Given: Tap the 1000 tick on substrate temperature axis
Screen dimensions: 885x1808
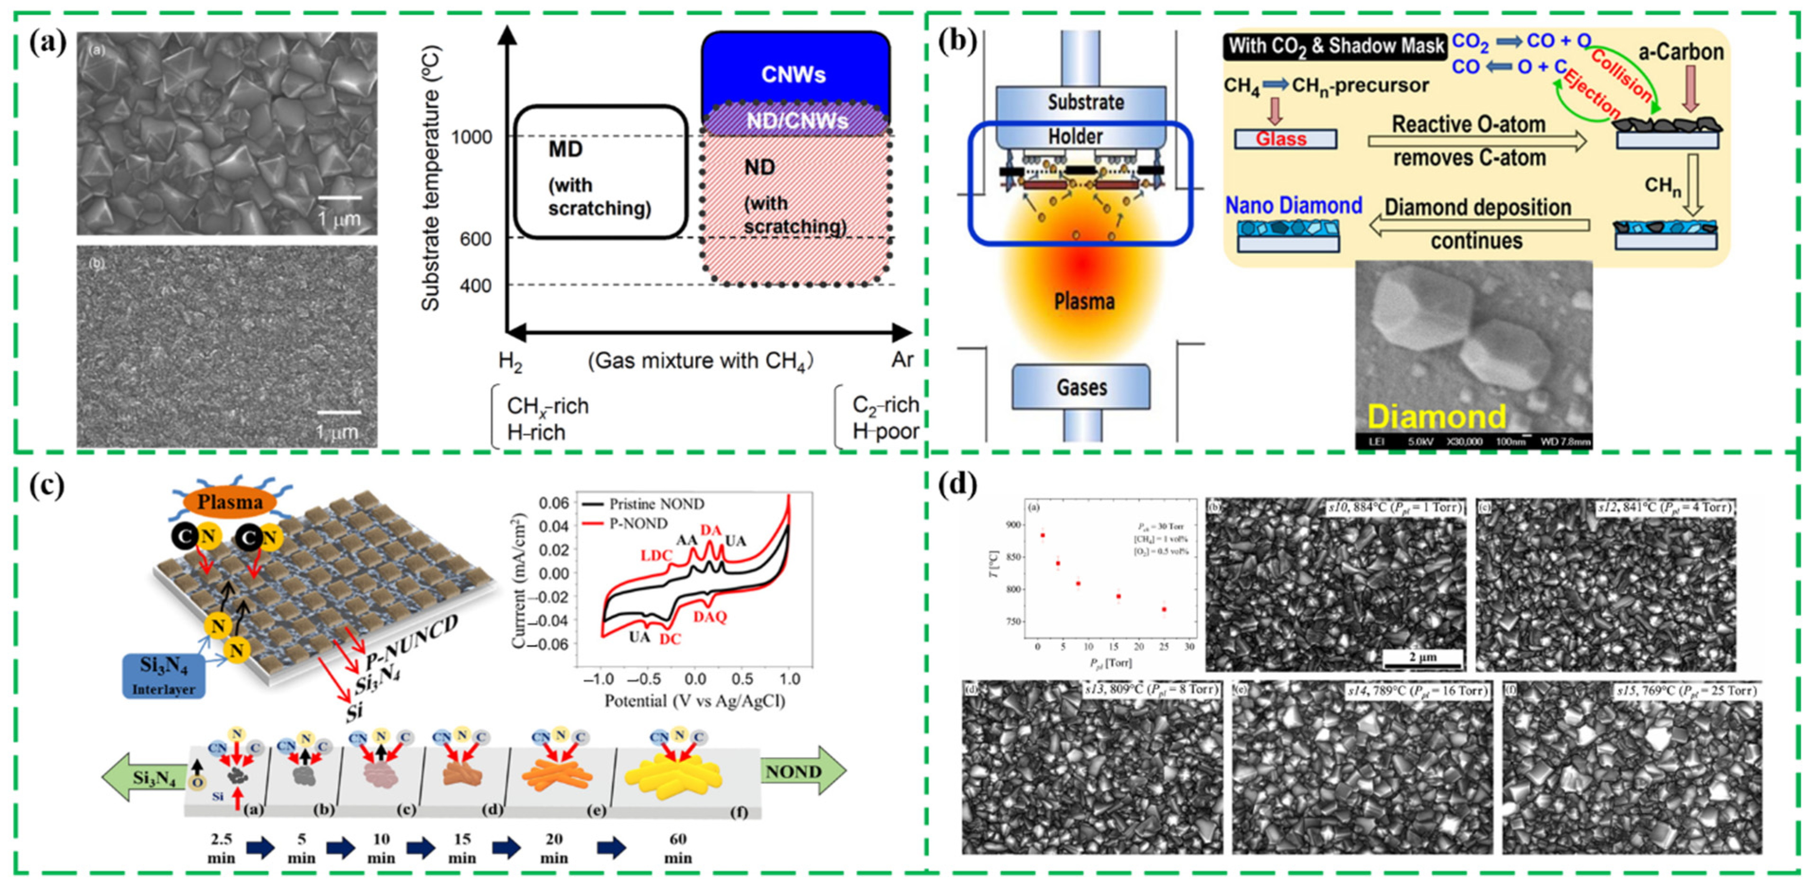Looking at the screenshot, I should (471, 136).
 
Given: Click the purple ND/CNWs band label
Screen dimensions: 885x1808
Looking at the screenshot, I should (797, 121).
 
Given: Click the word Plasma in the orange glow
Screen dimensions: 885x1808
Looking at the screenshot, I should (1084, 301).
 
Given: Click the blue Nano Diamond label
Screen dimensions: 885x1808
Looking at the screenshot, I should (1293, 206).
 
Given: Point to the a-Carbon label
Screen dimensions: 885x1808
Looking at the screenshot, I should (1680, 52).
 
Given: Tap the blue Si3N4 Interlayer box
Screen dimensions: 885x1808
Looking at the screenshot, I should (163, 674).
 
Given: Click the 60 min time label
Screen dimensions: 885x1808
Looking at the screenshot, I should (677, 848).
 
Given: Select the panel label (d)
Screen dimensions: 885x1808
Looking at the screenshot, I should (959, 485).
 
